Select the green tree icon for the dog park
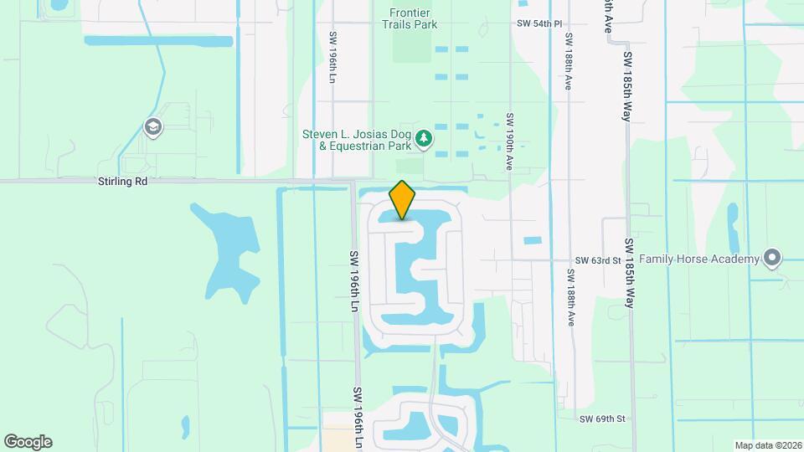click(x=425, y=138)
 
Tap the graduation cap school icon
click(x=152, y=127)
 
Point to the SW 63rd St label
click(x=597, y=260)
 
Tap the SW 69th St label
click(x=602, y=418)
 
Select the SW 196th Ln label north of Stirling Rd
click(x=332, y=57)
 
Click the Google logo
click(x=28, y=442)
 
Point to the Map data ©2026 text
click(x=766, y=445)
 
